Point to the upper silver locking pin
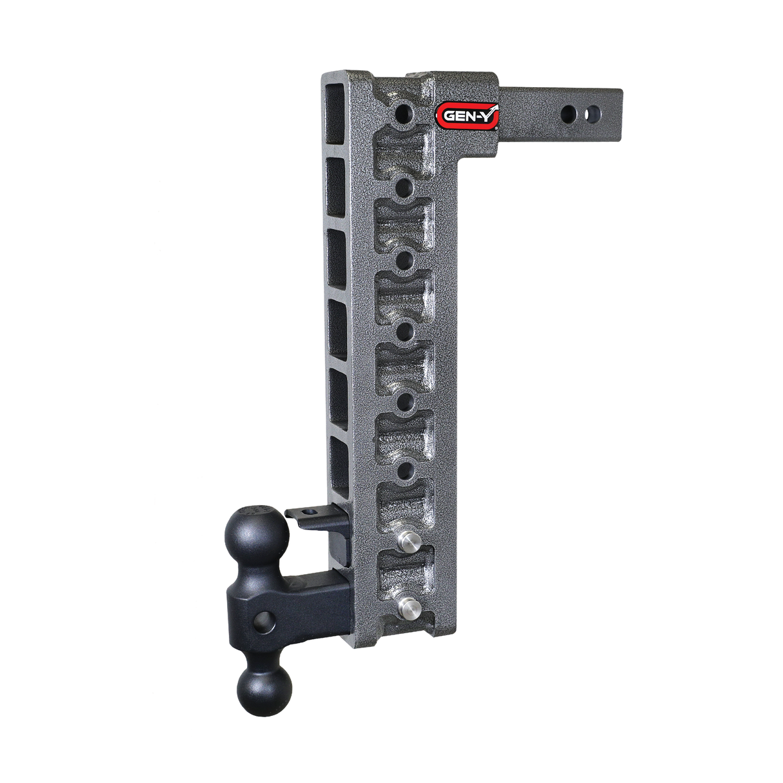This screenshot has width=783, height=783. pos(408,542)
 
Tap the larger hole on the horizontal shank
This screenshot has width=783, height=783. pos(569,114)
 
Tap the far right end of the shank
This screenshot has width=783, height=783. pos(619,114)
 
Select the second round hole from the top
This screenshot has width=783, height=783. pos(405,187)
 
